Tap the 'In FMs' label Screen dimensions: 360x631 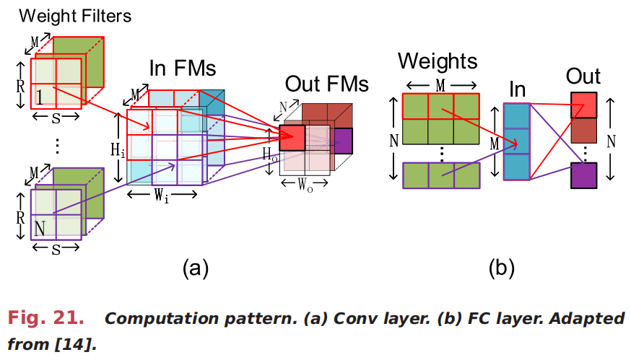pos(183,69)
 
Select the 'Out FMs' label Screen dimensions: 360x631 pos(327,83)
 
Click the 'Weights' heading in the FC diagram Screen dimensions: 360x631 pos(438,61)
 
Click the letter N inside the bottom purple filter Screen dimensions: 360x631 pos(40,229)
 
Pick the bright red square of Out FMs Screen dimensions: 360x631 pos(292,138)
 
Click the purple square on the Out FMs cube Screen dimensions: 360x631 pos(344,139)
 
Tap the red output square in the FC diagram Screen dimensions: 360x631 pos(583,105)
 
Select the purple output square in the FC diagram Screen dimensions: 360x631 pos(583,175)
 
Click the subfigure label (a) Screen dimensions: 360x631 pos(194,268)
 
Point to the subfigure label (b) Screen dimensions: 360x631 pos(501,268)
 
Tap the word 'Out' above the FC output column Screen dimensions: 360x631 pos(583,76)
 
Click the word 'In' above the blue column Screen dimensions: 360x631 pos(517,89)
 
